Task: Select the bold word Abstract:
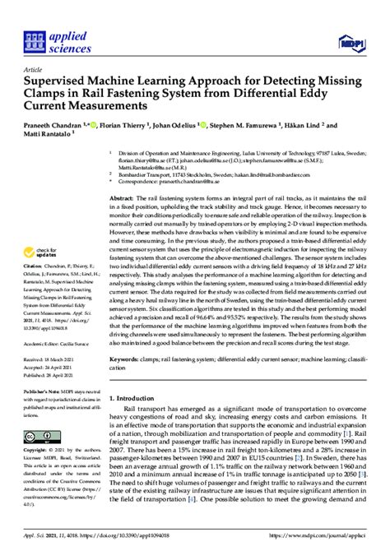click(x=125, y=199)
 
